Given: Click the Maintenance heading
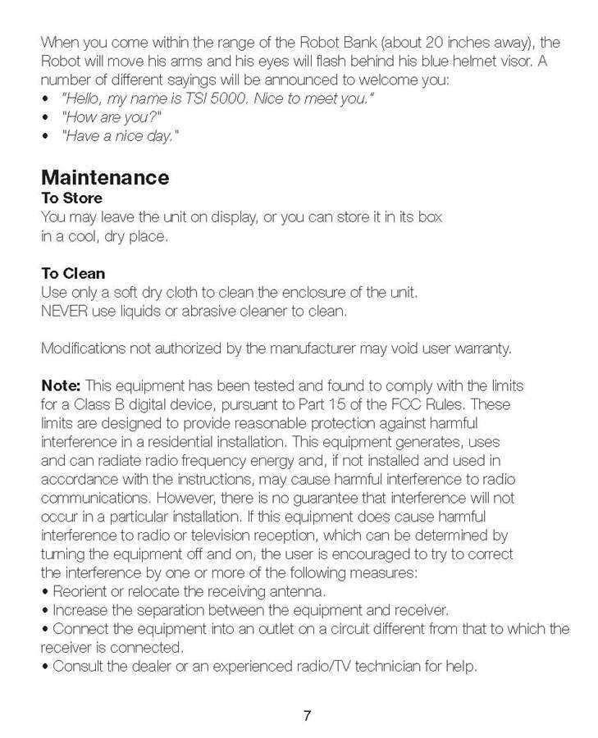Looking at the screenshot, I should (105, 177).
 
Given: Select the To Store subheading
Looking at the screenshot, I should (71, 198).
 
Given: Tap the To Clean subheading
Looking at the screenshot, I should (73, 273).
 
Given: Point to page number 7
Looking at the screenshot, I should (307, 715).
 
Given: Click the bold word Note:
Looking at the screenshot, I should (61, 385).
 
